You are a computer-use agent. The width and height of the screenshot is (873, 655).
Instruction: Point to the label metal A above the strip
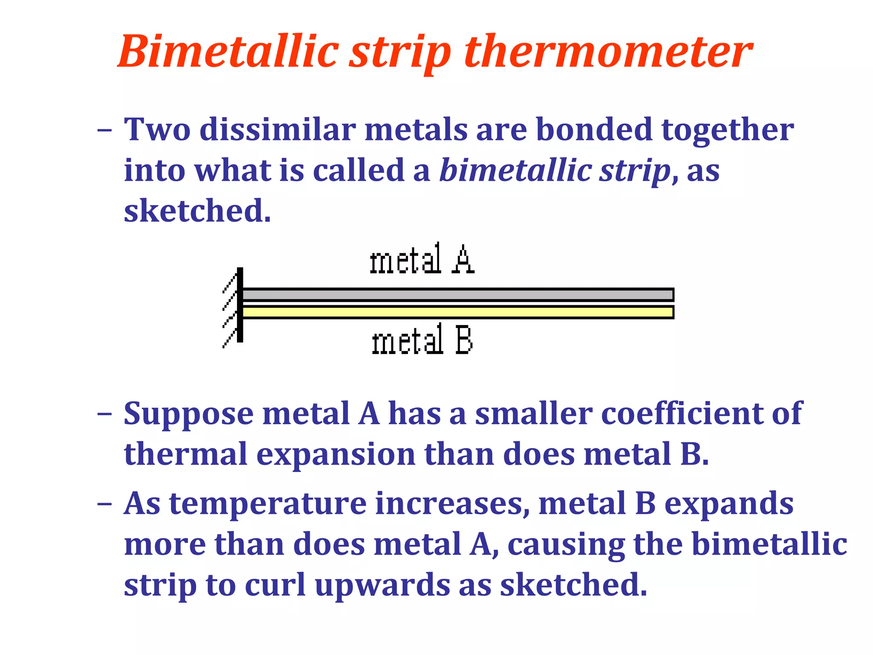[x=422, y=259]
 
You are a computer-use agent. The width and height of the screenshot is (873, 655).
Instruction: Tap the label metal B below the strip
[x=422, y=339]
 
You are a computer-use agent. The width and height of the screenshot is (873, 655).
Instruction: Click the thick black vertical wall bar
[x=240, y=304]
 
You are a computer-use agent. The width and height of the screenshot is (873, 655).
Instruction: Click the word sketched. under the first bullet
[x=197, y=211]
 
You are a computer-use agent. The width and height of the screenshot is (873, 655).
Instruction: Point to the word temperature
[x=268, y=504]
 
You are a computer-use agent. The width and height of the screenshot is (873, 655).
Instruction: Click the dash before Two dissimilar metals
[x=104, y=129]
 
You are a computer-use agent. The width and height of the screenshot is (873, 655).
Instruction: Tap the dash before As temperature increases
[x=104, y=504]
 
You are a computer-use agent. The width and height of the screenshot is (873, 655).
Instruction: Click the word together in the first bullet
[x=727, y=130]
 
